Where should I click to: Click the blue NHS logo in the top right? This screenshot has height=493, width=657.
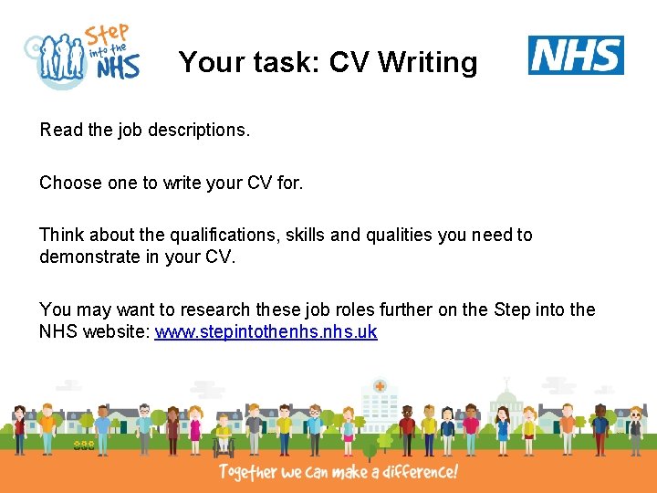576,56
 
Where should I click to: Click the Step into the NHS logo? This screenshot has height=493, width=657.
83,57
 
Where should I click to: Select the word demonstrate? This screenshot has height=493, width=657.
89,257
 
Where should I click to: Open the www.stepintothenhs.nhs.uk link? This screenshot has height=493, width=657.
266,331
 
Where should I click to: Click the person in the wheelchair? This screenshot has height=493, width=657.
224,435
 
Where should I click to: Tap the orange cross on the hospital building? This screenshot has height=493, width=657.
379,387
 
